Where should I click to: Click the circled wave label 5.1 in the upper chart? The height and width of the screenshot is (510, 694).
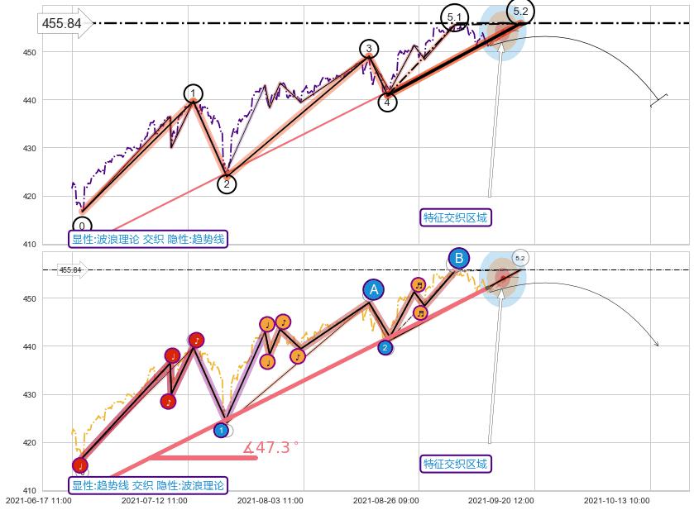pos(454,17)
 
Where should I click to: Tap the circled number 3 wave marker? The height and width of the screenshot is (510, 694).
pos(368,49)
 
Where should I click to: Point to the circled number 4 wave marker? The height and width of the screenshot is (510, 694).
pos(387,102)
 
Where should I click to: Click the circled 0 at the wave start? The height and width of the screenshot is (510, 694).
pos(82,225)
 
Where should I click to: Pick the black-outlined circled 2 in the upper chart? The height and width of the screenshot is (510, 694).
pos(227,184)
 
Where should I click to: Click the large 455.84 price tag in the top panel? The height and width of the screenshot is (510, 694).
pos(62,23)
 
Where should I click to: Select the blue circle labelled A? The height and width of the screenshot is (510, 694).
pos(374,289)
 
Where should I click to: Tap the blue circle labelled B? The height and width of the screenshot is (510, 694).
pos(459,258)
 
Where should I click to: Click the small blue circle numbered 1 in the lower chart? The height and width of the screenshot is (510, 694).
pos(221,430)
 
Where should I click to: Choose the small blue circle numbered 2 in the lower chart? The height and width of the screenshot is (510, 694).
pos(385,348)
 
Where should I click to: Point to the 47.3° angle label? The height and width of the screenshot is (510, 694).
pos(271,447)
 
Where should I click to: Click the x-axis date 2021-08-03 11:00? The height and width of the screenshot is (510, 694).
pos(270,500)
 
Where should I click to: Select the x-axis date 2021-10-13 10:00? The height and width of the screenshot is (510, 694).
pos(617,500)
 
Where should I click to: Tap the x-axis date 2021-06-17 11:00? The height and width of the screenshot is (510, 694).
pos(38,500)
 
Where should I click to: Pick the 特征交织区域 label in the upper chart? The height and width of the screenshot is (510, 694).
pos(456,217)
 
